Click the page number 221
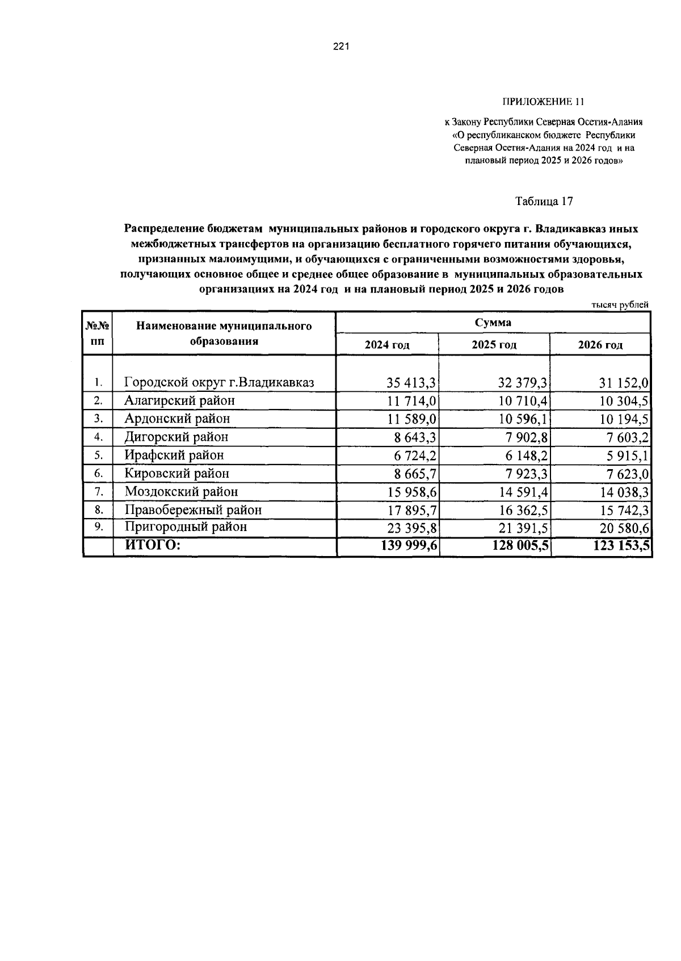[x=340, y=47]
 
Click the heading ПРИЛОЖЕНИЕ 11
[x=543, y=102]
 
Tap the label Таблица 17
[x=544, y=202]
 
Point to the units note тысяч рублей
[x=620, y=304]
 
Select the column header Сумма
[x=493, y=323]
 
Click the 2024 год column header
[x=386, y=345]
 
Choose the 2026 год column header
[x=600, y=345]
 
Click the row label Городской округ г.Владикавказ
[x=219, y=382]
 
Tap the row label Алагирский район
[x=179, y=400]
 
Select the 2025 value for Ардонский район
[x=522, y=419]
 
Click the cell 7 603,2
[x=624, y=437]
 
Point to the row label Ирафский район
[x=174, y=455]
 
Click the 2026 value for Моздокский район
[x=624, y=492]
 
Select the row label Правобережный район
[x=193, y=509]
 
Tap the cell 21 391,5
[x=522, y=528]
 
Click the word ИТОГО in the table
[x=152, y=545]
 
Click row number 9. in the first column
[x=98, y=527]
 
